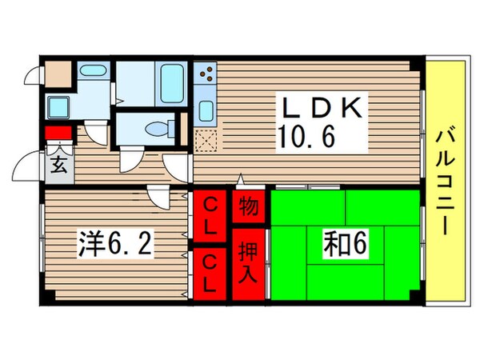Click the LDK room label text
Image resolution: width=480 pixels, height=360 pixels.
322,106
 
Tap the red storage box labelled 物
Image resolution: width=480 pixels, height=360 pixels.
249,207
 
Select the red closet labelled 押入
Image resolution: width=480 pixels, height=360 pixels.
249,264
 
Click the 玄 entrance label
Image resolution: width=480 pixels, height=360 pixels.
58,166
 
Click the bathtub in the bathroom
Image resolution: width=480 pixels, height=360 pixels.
172,81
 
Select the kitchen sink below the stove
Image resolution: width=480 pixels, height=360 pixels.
205,110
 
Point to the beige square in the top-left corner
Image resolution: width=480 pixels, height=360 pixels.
58,74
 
